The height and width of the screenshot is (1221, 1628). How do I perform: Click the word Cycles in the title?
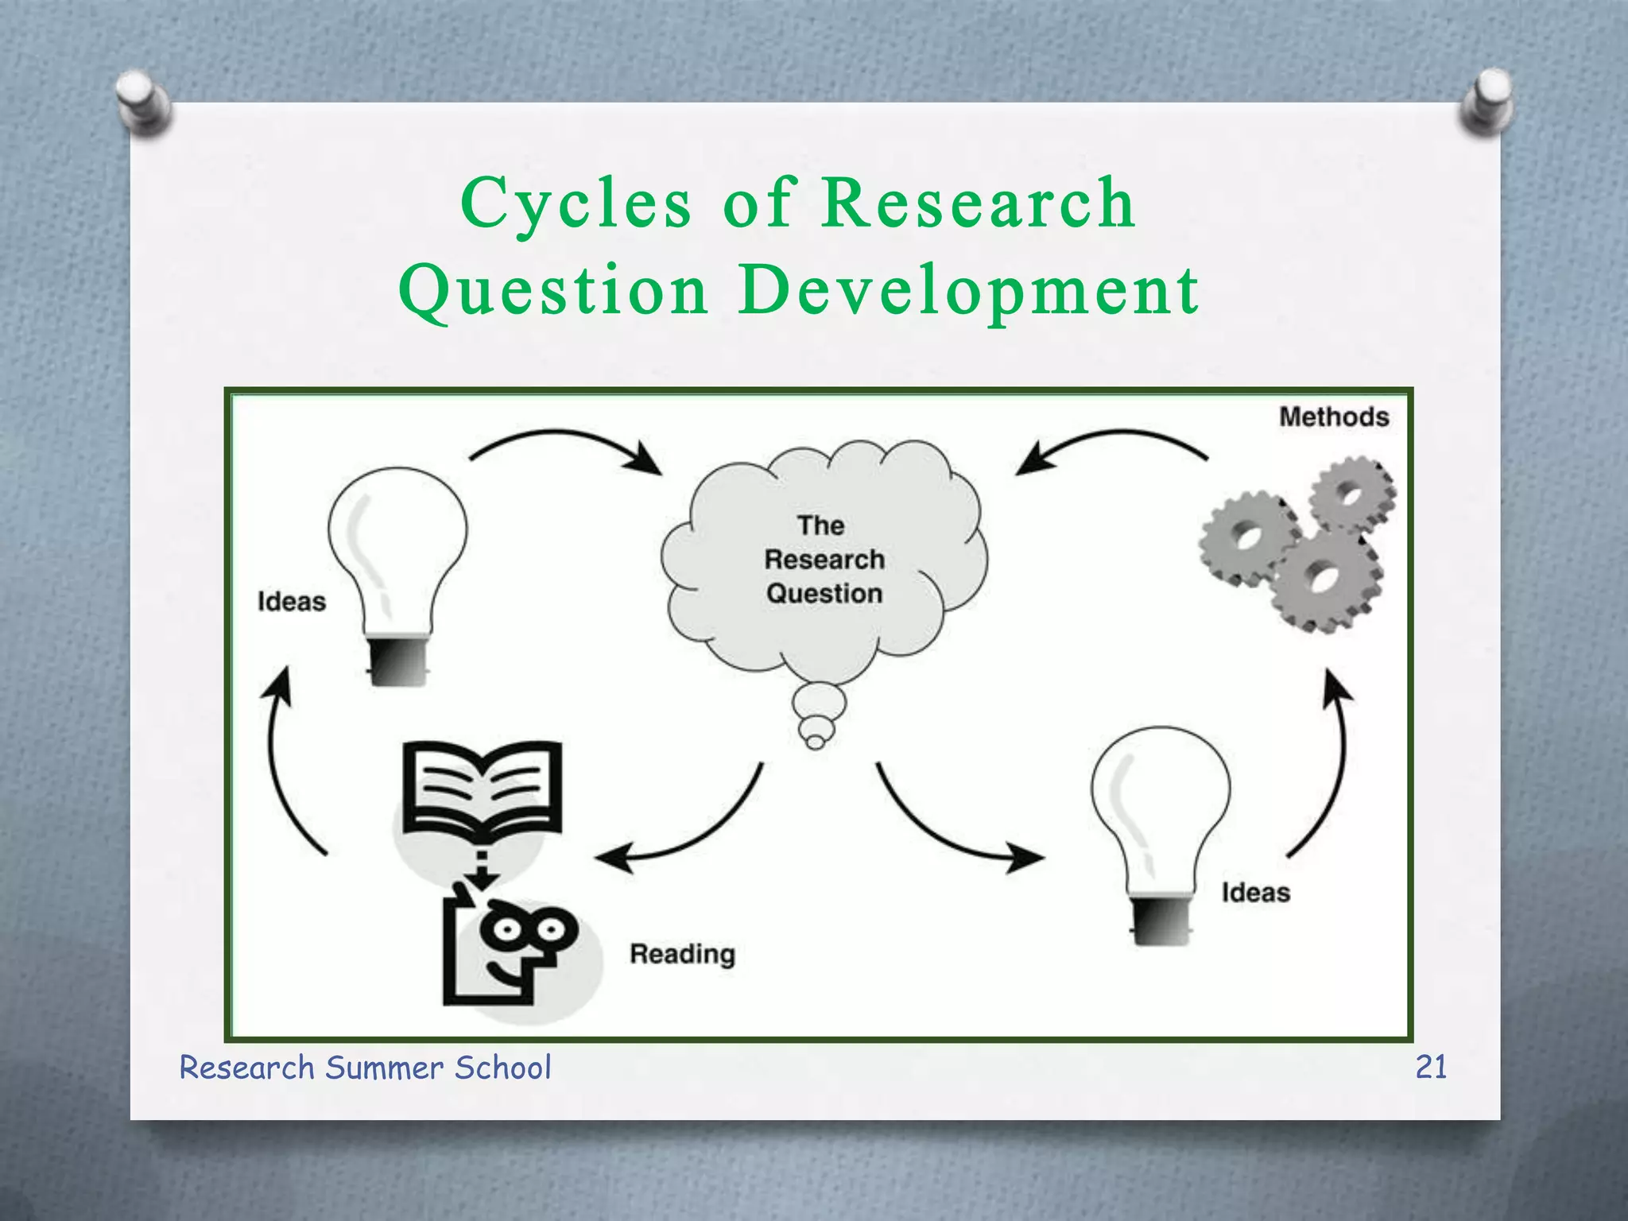[x=576, y=204]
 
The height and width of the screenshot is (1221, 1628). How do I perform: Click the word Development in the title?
[x=967, y=290]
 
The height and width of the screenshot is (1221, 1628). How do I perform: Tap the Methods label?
[x=1333, y=417]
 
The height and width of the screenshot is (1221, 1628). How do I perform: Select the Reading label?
[x=682, y=954]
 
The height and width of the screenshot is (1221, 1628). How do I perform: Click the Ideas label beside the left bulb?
[x=292, y=602]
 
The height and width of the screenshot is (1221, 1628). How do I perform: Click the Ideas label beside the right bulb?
[x=1255, y=893]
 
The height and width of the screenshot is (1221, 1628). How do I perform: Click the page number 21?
[x=1431, y=1067]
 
